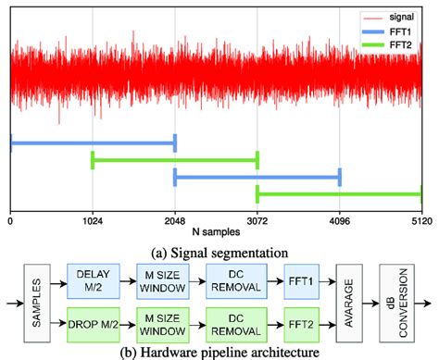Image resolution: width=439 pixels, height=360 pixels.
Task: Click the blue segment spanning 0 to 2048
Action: (x=93, y=142)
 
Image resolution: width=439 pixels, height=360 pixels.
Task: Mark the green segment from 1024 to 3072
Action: (x=175, y=161)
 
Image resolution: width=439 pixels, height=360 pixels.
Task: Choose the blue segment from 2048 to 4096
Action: (x=257, y=176)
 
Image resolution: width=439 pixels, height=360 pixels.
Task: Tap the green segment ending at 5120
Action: (x=339, y=194)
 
